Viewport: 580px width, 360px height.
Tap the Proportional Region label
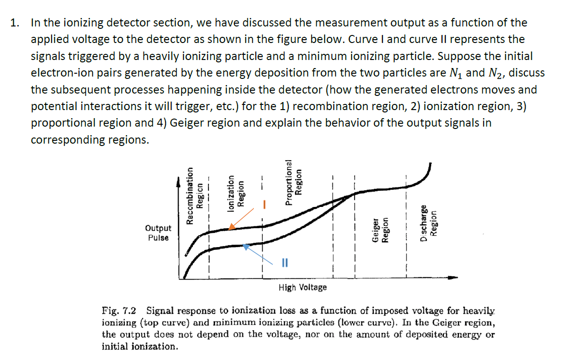click(294, 182)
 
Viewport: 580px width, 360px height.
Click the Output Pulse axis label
click(158, 233)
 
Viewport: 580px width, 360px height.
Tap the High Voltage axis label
click(303, 287)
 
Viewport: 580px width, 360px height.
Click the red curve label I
click(265, 205)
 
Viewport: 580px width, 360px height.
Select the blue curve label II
click(285, 262)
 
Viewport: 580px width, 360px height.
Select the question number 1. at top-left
click(15, 23)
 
